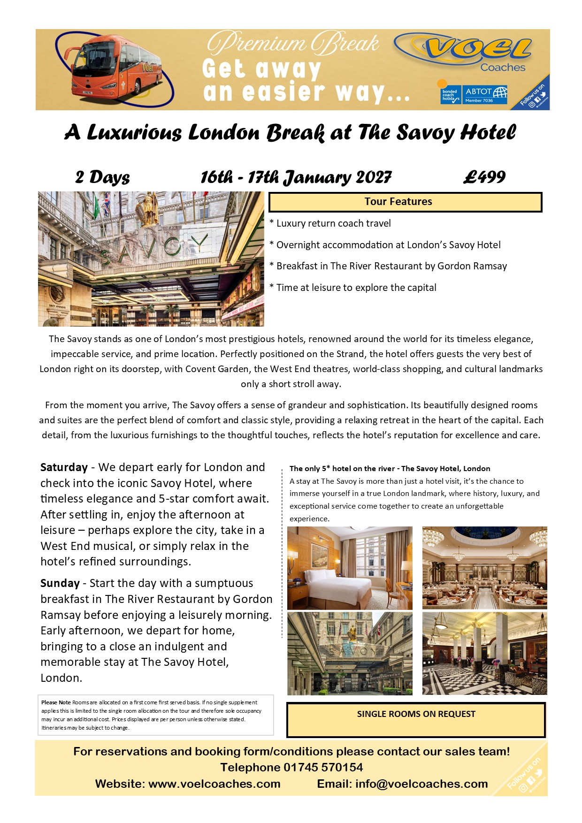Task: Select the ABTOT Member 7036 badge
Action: tap(486, 94)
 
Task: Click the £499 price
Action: tap(484, 177)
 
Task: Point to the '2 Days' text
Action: tap(102, 177)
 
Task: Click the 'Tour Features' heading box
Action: tap(405, 202)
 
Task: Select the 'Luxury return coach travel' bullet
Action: tap(333, 223)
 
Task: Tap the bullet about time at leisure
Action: tap(356, 288)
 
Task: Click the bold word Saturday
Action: tap(64, 467)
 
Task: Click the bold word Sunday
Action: tap(60, 583)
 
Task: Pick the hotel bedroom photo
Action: tap(350, 568)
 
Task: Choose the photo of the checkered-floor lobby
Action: tap(484, 653)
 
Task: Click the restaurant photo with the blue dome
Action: tap(484, 568)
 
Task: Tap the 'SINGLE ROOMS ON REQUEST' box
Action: tap(416, 719)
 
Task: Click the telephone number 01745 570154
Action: tap(323, 768)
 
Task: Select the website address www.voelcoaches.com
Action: tap(214, 784)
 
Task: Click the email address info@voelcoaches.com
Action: tap(421, 784)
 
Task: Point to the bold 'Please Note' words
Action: tap(56, 702)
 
